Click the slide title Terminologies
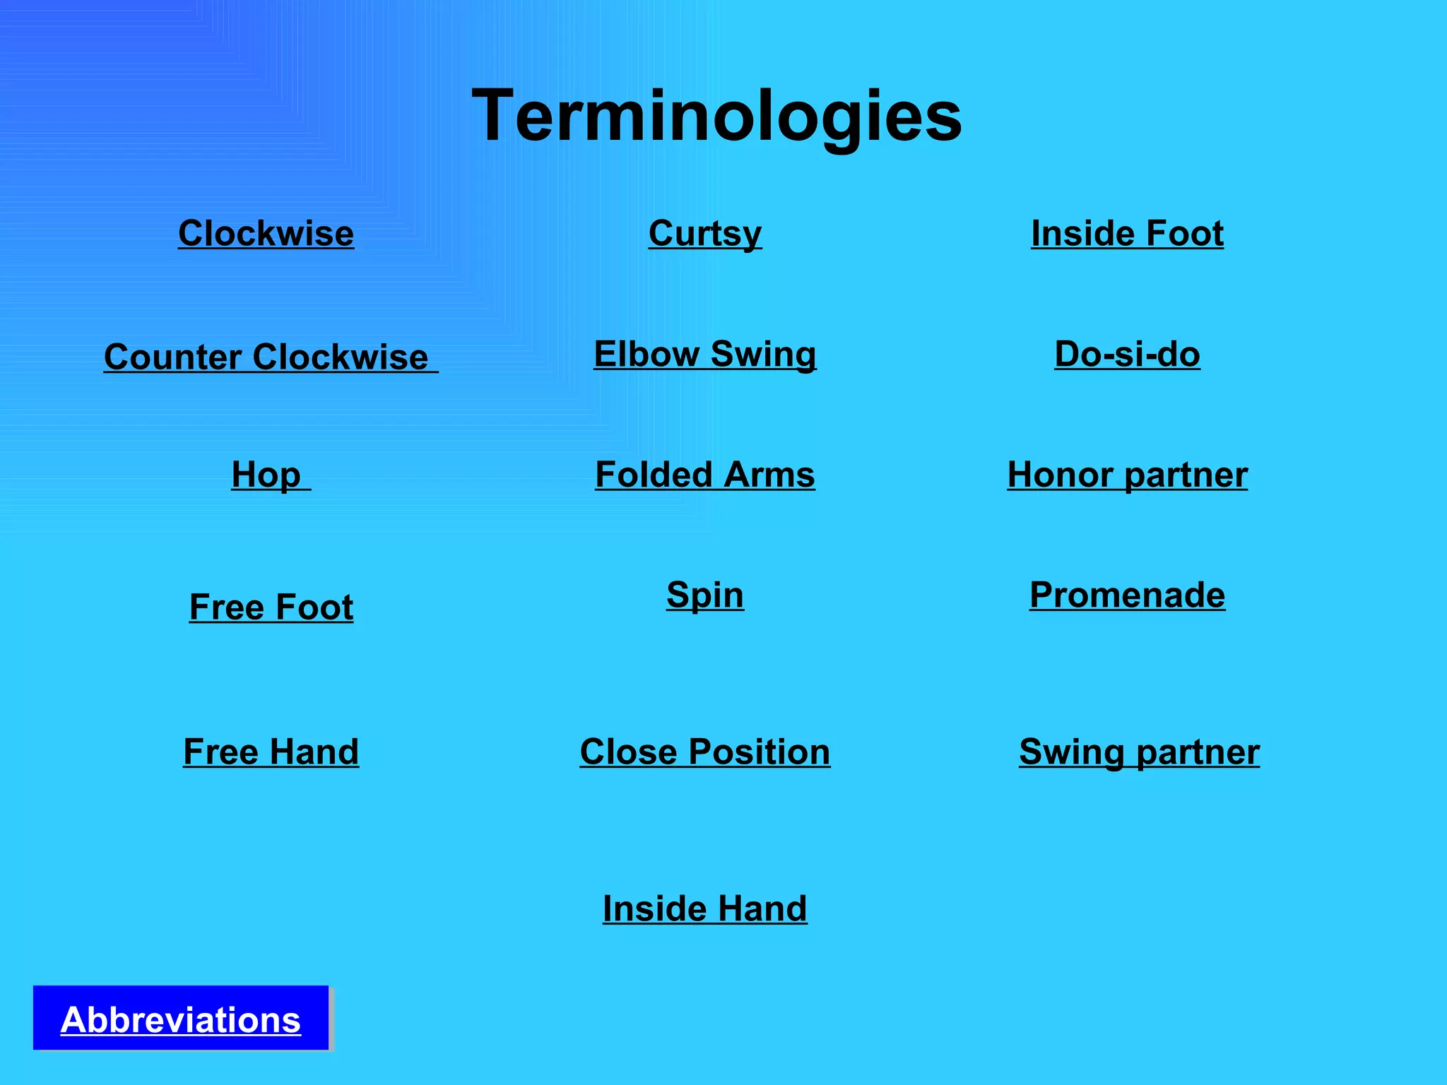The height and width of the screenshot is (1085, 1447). point(716,115)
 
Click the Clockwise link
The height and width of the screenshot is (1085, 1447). point(266,233)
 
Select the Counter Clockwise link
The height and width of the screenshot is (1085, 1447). point(270,357)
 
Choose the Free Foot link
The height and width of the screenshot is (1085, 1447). point(271,607)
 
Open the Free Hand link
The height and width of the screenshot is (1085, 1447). point(271,751)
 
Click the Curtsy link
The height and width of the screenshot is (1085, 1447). point(705,233)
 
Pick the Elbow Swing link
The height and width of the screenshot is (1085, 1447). point(705,354)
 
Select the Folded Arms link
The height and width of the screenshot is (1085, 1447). point(705,475)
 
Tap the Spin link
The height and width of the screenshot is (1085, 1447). point(705,595)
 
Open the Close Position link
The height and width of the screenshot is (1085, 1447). point(705,751)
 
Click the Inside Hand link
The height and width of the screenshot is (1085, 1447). point(705,908)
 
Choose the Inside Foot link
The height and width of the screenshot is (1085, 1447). point(1127,233)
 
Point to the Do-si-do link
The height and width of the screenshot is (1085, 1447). point(1127,354)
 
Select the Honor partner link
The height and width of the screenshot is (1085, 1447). point(1127,475)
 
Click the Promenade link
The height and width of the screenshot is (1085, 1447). point(1127,595)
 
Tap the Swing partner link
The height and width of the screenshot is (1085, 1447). point(1139,751)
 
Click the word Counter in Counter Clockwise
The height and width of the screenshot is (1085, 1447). point(172,357)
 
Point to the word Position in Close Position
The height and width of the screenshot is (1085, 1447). point(760,751)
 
